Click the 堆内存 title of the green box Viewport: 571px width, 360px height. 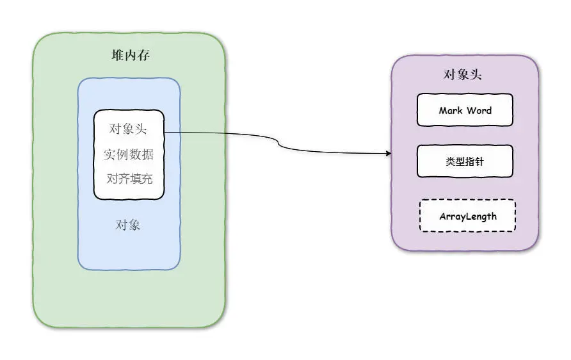(x=131, y=56)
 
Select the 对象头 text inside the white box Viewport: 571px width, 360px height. (x=128, y=129)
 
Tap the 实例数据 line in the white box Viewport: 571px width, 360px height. (x=128, y=154)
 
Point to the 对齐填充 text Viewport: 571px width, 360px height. (x=129, y=178)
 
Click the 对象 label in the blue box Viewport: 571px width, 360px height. (x=128, y=225)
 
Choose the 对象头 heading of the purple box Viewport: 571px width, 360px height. (x=463, y=75)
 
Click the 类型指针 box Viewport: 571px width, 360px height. (x=465, y=161)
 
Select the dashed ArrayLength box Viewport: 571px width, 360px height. (x=468, y=216)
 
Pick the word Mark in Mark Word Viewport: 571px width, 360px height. (x=451, y=110)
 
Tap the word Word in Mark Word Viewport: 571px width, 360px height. (x=479, y=110)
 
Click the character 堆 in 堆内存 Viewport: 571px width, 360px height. (x=118, y=56)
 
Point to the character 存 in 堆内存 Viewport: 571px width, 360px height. (x=143, y=56)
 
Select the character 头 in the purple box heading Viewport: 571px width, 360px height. (x=476, y=75)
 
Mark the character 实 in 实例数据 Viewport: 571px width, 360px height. (x=109, y=154)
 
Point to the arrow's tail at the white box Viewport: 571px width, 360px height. (x=166, y=133)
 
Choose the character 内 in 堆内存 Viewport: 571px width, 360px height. (x=131, y=56)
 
